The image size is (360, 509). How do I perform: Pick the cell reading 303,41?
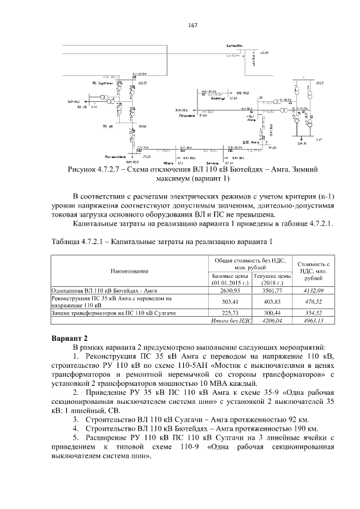coord(229,301)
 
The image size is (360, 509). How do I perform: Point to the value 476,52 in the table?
coord(313,301)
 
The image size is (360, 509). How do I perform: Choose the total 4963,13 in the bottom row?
coord(313,321)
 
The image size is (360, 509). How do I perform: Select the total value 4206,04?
coord(272,321)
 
